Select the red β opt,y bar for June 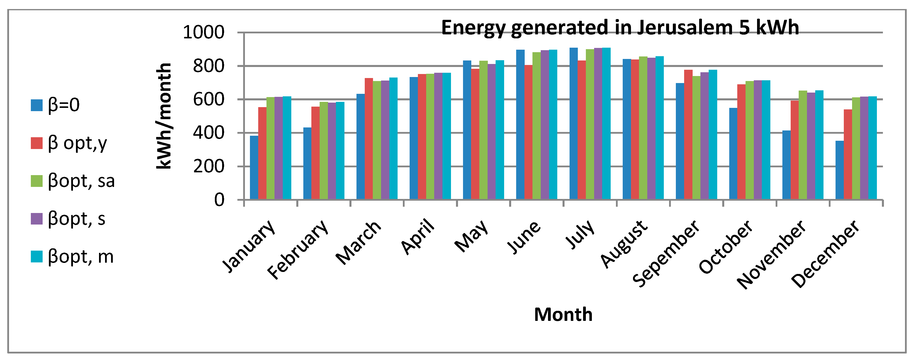click(528, 132)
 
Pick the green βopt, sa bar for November click(803, 145)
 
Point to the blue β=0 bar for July click(573, 123)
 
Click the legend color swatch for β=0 click(37, 105)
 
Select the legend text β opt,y click(77, 143)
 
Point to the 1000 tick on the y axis click(204, 32)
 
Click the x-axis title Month click(563, 315)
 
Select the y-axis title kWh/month click(164, 116)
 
